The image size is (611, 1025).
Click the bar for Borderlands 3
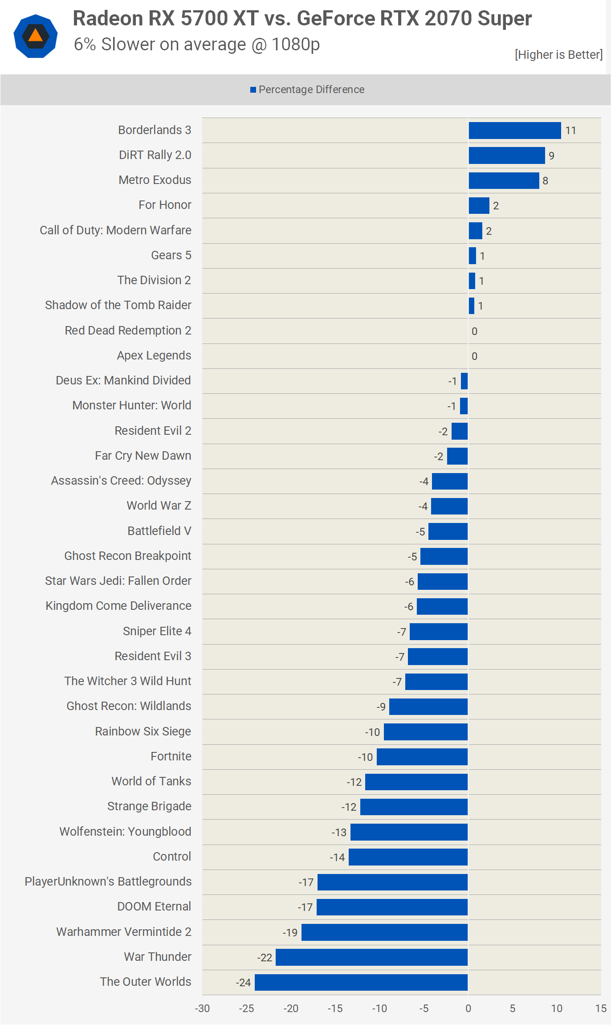[x=514, y=131]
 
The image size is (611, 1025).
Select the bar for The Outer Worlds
[x=361, y=982]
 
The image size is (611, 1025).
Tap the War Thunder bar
[x=371, y=957]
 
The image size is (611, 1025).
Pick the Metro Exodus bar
[x=504, y=180]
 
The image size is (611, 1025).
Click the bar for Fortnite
[x=422, y=757]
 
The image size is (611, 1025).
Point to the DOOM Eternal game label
[x=154, y=907]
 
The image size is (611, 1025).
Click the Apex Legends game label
[x=154, y=355]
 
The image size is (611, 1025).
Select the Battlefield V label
[x=159, y=531]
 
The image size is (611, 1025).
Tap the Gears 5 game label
[x=171, y=255]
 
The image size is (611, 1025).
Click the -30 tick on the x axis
[x=202, y=1009]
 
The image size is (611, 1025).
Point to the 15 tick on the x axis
[x=601, y=1009]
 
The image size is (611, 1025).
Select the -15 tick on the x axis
[x=335, y=1009]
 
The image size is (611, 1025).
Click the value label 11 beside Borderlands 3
[x=570, y=131]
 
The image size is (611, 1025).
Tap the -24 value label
[x=243, y=983]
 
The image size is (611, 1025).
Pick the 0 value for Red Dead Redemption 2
[x=474, y=331]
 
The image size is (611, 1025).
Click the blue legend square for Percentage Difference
[x=253, y=90]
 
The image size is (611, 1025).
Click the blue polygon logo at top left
[x=36, y=36]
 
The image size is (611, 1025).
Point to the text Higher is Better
[x=558, y=55]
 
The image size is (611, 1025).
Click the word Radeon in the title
[x=107, y=19]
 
